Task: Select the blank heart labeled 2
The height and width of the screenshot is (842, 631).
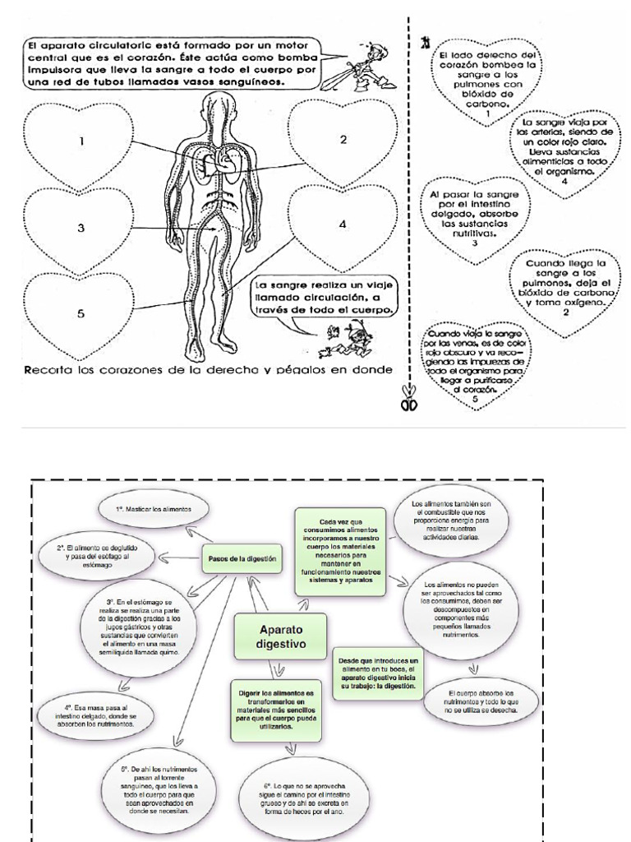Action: click(343, 141)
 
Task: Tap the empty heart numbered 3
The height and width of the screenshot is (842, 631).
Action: click(81, 229)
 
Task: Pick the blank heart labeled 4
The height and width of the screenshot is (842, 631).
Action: click(340, 225)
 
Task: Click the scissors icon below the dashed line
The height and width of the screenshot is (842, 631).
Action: click(410, 403)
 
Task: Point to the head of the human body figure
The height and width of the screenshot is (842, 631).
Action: click(218, 107)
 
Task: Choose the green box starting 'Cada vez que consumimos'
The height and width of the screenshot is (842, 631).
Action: click(340, 551)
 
